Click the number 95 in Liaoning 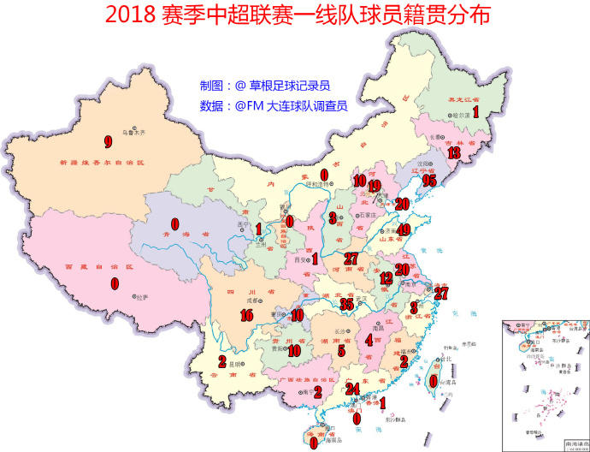coord(429,181)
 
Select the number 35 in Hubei coord(346,304)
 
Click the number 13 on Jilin coord(454,153)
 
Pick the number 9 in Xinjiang coord(108,141)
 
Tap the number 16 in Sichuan coord(247,316)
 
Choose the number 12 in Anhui coord(386,277)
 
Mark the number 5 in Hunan coord(341,350)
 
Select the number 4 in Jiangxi coord(369,339)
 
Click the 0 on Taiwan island coord(434,381)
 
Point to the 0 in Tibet coord(115,282)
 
